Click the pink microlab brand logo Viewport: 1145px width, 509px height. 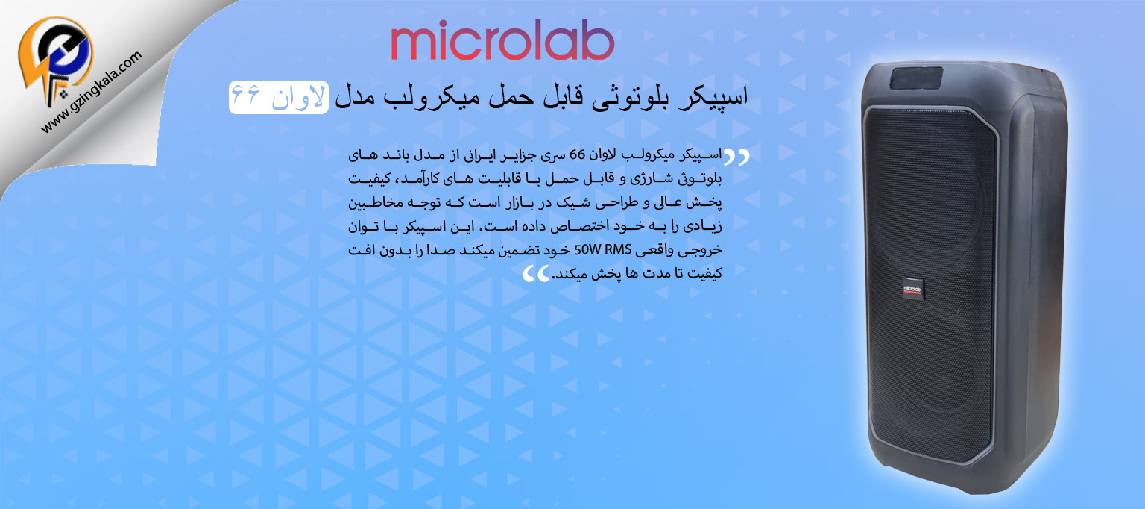pyautogui.click(x=502, y=41)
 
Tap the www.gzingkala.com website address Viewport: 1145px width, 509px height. pyautogui.click(x=92, y=92)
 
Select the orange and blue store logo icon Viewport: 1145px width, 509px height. pyautogui.click(x=55, y=59)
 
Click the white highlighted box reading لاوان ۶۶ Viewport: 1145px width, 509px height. pyautogui.click(x=279, y=97)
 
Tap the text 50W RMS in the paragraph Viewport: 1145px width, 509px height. pyautogui.click(x=603, y=249)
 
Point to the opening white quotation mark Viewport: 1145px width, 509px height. pyautogui.click(x=736, y=157)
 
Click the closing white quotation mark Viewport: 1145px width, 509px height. pyautogui.click(x=536, y=274)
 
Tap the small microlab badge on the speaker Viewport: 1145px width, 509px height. pyautogui.click(x=912, y=290)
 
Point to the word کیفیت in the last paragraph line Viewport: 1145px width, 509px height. pyautogui.click(x=705, y=274)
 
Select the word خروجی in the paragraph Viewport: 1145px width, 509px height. pyautogui.click(x=704, y=250)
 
